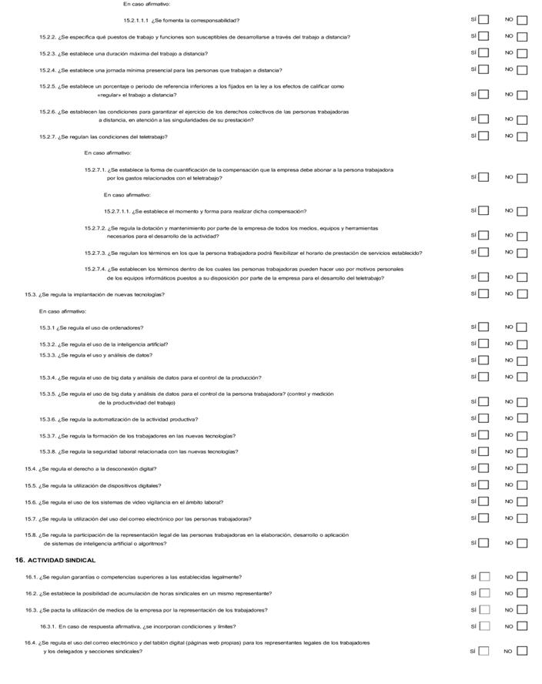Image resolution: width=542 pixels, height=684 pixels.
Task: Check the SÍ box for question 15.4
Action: click(x=483, y=468)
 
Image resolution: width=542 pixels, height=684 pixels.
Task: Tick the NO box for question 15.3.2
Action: click(x=522, y=344)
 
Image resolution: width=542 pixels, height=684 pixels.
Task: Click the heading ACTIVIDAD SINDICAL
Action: click(x=61, y=560)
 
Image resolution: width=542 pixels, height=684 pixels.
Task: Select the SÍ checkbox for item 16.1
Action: click(x=483, y=576)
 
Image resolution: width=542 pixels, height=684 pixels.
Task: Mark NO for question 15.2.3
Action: click(x=522, y=53)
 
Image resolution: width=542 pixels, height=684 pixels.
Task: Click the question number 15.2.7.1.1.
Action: click(x=117, y=211)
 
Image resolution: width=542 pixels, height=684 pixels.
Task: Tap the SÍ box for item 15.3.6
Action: click(x=483, y=419)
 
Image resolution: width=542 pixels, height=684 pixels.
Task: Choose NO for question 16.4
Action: click(x=522, y=651)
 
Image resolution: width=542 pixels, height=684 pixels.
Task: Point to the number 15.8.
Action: click(x=31, y=535)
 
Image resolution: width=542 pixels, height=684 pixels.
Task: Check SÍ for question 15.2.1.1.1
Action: click(x=483, y=20)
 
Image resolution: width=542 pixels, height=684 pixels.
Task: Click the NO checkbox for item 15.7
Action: click(x=522, y=518)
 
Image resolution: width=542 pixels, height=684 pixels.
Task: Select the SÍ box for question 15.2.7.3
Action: click(x=483, y=252)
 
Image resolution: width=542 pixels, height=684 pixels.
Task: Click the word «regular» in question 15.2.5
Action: click(x=110, y=95)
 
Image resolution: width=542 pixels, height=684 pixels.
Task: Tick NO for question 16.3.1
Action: click(x=522, y=626)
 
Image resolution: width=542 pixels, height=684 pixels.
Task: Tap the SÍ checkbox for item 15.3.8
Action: click(x=483, y=451)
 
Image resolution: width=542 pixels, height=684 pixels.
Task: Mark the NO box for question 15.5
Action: click(x=522, y=485)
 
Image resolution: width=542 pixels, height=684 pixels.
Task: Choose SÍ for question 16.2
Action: click(x=483, y=593)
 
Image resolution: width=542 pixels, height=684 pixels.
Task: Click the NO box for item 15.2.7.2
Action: click(x=522, y=236)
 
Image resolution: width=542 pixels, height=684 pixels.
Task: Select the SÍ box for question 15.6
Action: click(x=483, y=501)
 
